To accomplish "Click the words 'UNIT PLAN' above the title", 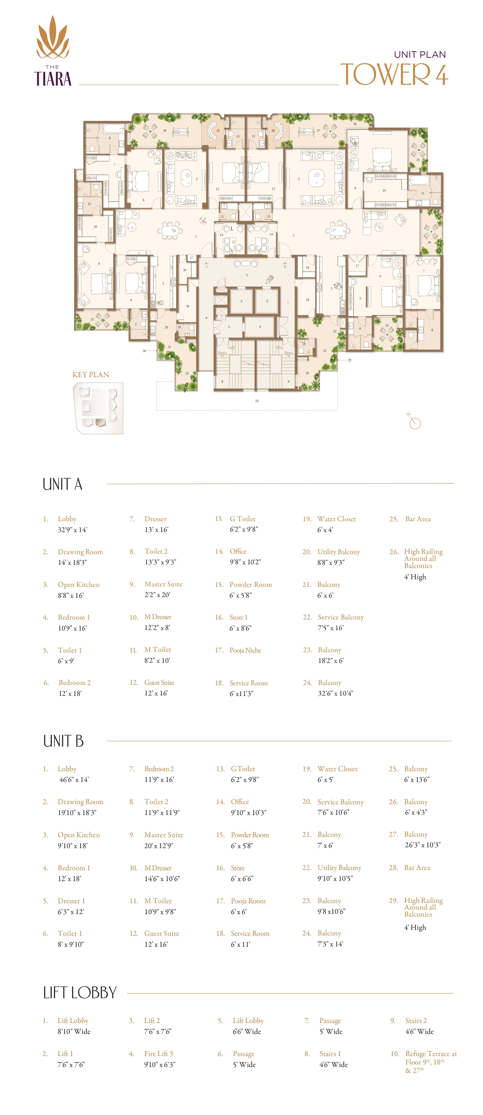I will coord(419,55).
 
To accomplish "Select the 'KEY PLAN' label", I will coord(90,375).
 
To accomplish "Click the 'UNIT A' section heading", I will coord(62,484).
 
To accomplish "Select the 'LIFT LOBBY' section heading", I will coord(80,992).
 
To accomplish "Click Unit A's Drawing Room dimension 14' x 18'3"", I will coord(72,563).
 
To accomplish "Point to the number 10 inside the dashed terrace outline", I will coord(257,401).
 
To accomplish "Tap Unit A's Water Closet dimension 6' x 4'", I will coord(325,530).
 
